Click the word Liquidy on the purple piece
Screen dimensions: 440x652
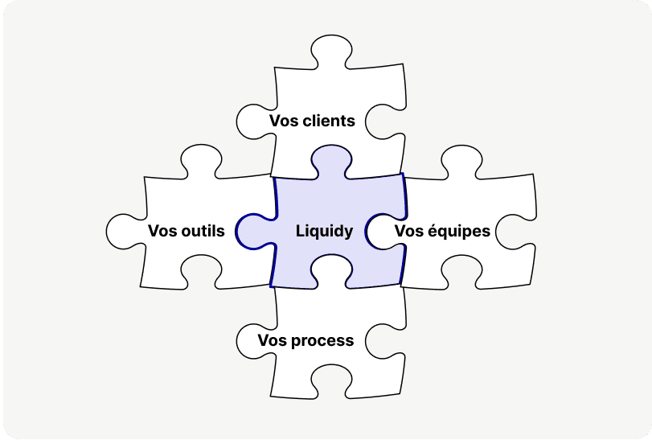click(324, 232)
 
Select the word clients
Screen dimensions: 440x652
click(328, 121)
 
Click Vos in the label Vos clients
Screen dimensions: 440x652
click(284, 121)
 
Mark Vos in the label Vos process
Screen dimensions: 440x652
click(272, 340)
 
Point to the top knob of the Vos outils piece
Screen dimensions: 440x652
click(197, 160)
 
